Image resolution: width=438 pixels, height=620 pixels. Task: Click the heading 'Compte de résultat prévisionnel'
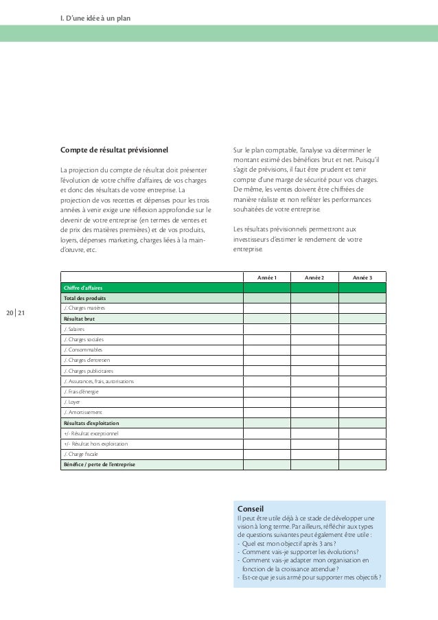[115, 148]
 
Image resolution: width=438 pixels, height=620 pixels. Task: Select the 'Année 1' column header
[266, 277]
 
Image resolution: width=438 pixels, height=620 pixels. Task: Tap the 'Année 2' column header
[314, 277]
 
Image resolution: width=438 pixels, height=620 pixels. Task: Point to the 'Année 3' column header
[362, 277]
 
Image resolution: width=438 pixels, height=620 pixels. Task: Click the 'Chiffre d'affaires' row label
[81, 288]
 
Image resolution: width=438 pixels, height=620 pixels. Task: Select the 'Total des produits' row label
[84, 299]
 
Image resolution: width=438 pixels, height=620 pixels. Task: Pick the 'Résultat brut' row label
[78, 319]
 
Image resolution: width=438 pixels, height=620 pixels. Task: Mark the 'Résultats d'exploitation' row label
[91, 423]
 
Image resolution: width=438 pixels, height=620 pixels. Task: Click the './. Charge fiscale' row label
[82, 454]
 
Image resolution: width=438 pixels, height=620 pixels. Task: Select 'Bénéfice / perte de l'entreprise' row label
[100, 465]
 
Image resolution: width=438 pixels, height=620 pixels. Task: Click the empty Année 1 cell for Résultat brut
[266, 319]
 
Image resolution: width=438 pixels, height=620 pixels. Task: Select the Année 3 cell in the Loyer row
[362, 402]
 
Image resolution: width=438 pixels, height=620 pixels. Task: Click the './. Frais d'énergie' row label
[81, 391]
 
